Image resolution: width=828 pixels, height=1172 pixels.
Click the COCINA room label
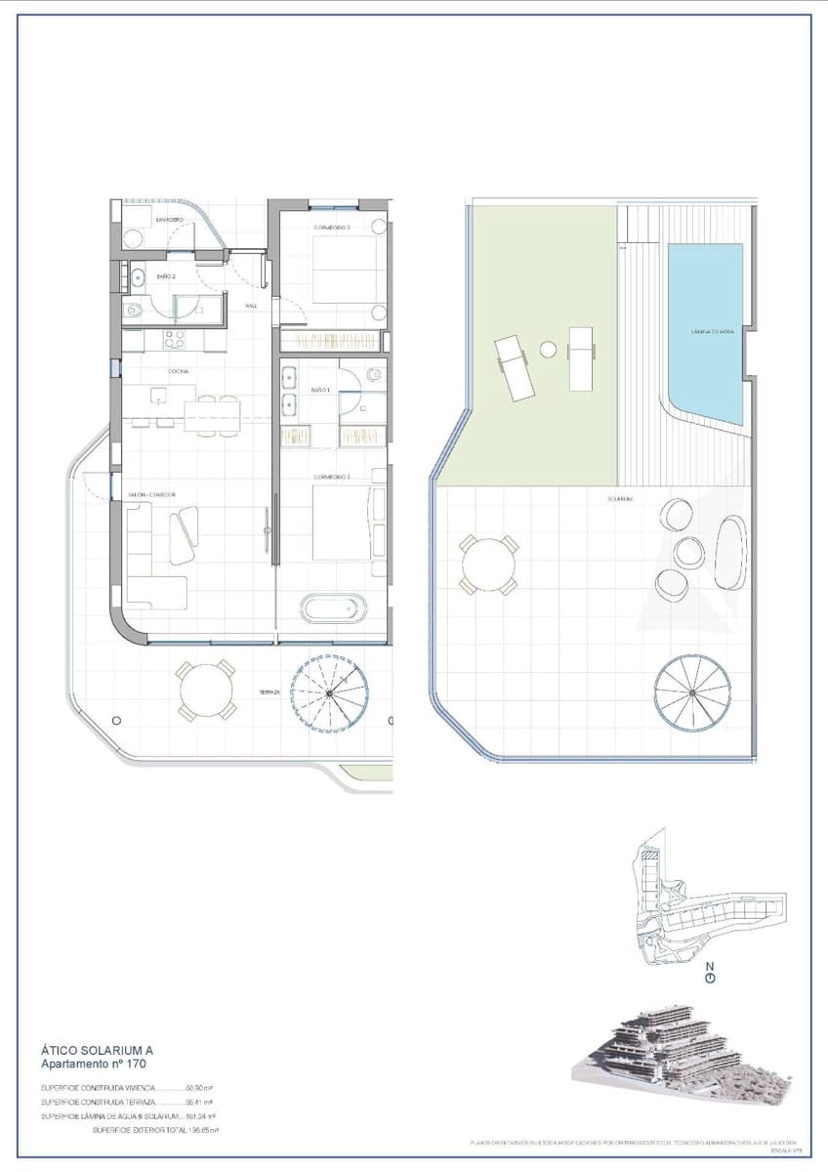[178, 371]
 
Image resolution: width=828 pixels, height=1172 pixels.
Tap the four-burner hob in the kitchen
[175, 340]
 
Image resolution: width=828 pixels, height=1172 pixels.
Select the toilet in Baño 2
[135, 311]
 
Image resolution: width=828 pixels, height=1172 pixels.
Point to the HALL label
[251, 307]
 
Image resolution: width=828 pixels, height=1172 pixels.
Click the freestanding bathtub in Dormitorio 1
[333, 608]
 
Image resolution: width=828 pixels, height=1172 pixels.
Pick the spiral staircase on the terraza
[330, 692]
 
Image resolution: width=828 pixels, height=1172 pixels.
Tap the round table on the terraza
[206, 691]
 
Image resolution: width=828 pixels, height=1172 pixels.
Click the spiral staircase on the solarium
[692, 691]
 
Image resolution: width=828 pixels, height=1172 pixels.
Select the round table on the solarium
[488, 565]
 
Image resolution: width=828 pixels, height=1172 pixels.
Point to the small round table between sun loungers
[548, 349]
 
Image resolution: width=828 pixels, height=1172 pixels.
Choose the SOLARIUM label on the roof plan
[620, 499]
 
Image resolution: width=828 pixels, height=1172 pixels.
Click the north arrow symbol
[710, 973]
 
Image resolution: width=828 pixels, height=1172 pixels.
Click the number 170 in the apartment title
[134, 1064]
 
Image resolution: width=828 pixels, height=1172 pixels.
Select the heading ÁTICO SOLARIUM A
[97, 1050]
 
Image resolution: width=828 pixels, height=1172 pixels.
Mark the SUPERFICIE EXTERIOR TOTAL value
[204, 1130]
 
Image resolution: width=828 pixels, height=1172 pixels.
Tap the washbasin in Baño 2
[138, 277]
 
